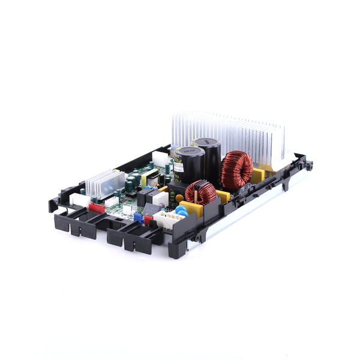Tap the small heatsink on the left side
pyautogui.click(x=105, y=182)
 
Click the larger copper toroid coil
pyautogui.click(x=236, y=170)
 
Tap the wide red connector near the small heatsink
pyautogui.click(x=97, y=207)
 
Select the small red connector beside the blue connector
pyautogui.click(x=148, y=220)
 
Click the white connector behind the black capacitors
pyautogui.click(x=161, y=158)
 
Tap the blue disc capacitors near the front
pyautogui.click(x=181, y=211)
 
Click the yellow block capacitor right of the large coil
pyautogui.click(x=258, y=176)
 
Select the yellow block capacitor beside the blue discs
pyautogui.click(x=192, y=209)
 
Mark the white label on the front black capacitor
pyautogui.click(x=179, y=169)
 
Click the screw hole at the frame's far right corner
pyautogui.click(x=309, y=164)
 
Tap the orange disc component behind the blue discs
pyautogui.click(x=179, y=198)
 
